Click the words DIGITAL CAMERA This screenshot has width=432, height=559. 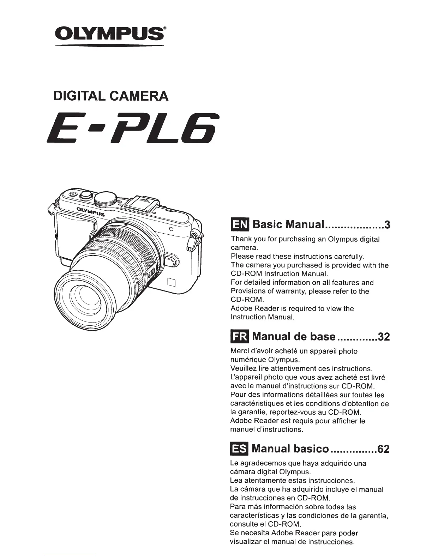tap(110, 96)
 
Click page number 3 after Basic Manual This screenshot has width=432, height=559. tap(387, 225)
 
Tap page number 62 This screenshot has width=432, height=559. tap(384, 449)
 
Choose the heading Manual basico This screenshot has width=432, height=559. tap(290, 449)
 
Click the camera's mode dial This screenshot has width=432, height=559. tap(106, 199)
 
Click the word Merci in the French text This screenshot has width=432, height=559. tap(240, 351)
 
